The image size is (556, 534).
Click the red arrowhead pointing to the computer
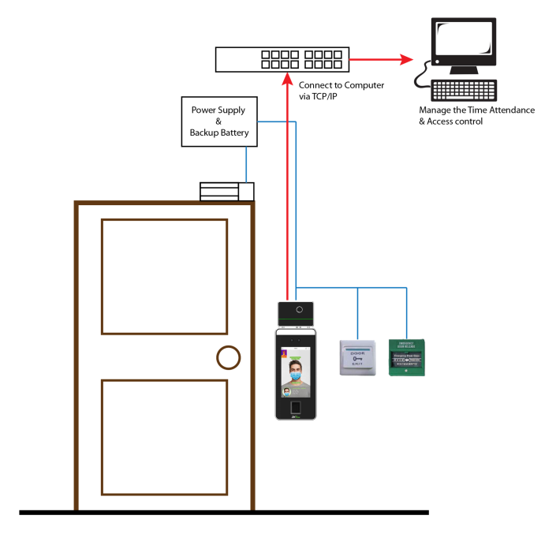tap(405, 59)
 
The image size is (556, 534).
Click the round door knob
tap(228, 357)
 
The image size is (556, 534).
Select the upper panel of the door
tap(164, 276)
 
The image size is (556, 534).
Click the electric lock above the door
tap(226, 192)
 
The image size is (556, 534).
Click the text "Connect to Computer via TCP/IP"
tap(341, 90)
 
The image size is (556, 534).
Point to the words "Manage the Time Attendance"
tap(477, 110)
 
